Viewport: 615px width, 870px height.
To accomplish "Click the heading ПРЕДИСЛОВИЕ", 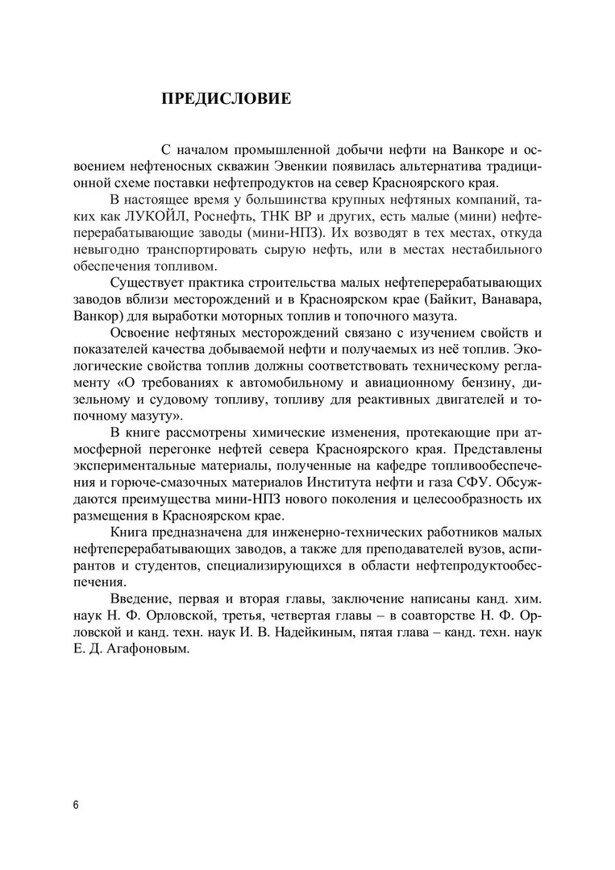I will (x=226, y=100).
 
